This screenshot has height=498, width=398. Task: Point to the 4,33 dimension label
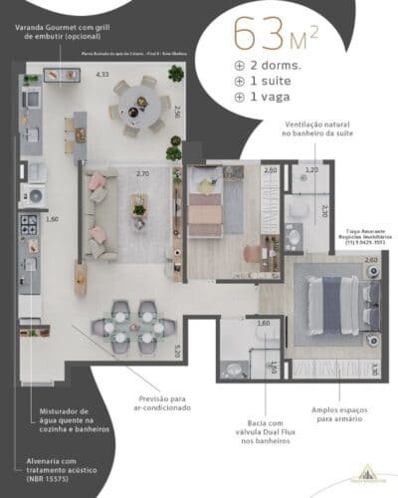(101, 74)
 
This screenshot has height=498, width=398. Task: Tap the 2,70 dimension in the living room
(142, 173)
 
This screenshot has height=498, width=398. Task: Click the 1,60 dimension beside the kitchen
(53, 218)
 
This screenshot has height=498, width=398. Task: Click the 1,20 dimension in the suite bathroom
(311, 170)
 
